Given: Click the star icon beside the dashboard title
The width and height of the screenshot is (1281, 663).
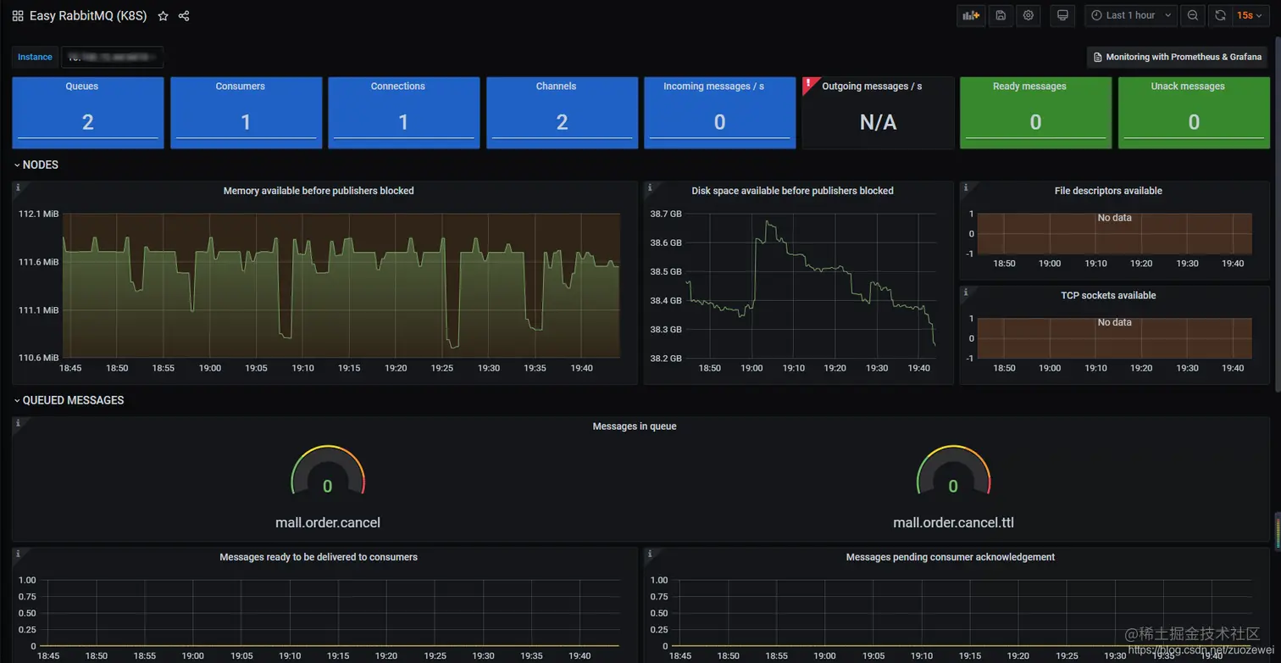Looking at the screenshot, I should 163,16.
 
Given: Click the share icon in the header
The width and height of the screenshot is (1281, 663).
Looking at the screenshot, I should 184,16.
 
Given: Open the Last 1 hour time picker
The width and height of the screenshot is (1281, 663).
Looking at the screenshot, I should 1130,15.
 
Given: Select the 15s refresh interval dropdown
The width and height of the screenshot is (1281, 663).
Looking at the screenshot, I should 1249,15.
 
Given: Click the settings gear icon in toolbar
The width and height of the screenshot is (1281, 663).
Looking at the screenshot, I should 1029,15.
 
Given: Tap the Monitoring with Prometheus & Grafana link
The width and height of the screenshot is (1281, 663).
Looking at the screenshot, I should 1177,57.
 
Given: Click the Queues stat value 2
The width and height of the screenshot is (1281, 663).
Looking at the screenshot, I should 87,123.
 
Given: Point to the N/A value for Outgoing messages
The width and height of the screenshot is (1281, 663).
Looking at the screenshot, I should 878,123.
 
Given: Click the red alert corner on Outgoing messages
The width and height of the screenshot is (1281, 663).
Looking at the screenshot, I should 808,83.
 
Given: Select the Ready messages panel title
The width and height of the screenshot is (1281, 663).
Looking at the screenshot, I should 1029,86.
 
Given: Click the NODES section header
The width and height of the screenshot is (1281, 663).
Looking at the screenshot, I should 40,165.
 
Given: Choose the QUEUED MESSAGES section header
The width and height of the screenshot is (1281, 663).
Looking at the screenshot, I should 73,400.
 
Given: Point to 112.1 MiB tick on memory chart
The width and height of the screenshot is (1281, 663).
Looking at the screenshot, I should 39,214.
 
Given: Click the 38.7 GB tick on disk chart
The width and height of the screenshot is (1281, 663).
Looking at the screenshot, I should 666,214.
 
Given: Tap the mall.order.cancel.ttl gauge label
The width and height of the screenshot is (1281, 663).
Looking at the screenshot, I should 953,522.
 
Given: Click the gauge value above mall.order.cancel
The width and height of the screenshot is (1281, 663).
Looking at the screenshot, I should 327,487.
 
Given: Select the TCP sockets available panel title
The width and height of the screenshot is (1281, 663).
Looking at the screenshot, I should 1108,296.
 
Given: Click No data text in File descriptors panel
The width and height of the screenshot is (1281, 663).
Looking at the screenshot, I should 1114,218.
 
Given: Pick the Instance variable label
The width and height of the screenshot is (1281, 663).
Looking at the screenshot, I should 35,57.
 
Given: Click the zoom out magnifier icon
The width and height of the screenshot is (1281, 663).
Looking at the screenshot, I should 1192,15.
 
